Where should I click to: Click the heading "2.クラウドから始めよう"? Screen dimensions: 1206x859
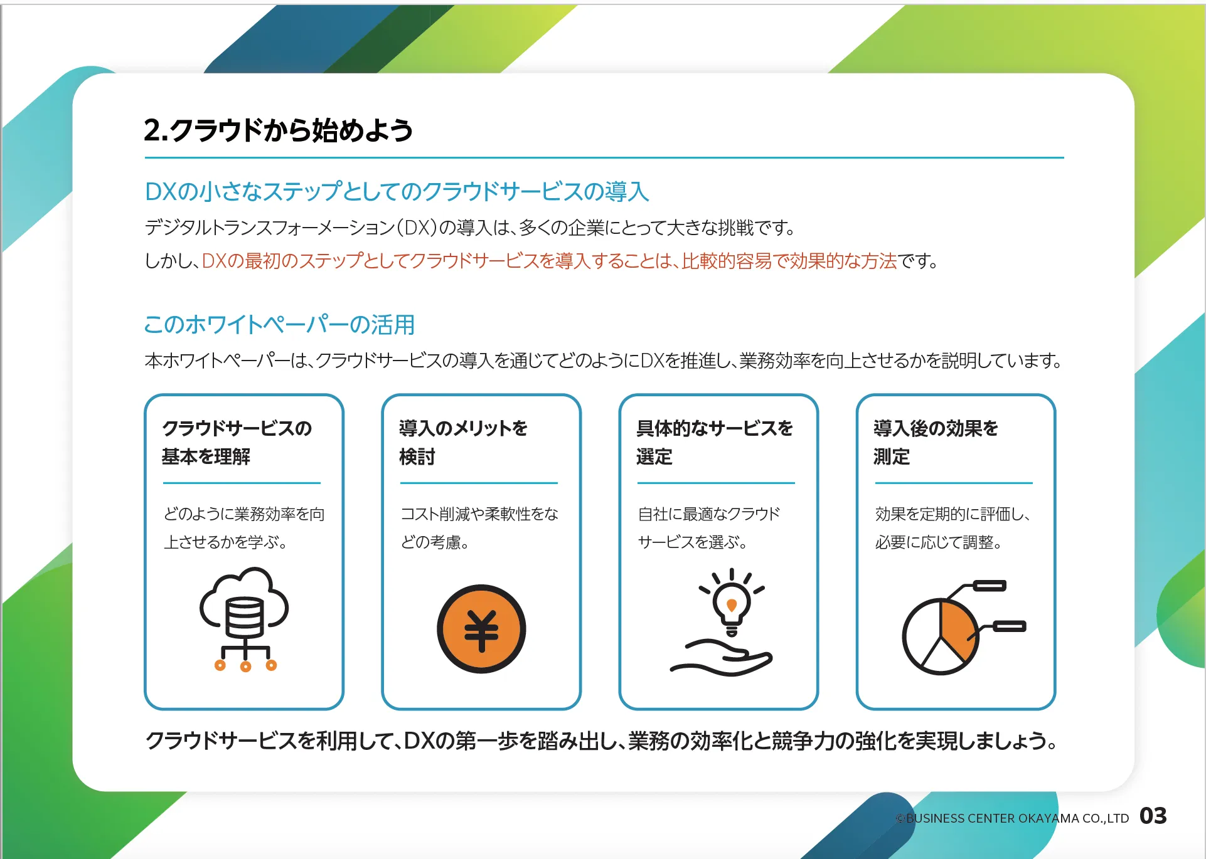pyautogui.click(x=278, y=130)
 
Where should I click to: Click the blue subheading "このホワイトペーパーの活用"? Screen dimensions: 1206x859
pyautogui.click(x=279, y=324)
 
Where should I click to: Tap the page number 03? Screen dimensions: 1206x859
pyautogui.click(x=1153, y=816)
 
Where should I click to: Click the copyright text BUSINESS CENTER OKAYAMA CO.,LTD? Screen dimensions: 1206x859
pyautogui.click(x=1012, y=818)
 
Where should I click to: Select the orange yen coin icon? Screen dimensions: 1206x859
pyautogui.click(x=481, y=629)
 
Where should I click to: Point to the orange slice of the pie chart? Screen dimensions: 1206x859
pyautogui.click(x=958, y=630)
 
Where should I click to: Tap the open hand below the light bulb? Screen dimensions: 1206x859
pyautogui.click(x=722, y=658)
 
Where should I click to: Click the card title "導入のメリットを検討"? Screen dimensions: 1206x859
pyautogui.click(x=463, y=442)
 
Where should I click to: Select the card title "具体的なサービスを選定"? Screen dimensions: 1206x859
pyautogui.click(x=715, y=442)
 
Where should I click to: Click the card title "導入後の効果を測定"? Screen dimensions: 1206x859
pyautogui.click(x=936, y=442)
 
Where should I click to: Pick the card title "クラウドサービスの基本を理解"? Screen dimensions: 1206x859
pyautogui.click(x=237, y=442)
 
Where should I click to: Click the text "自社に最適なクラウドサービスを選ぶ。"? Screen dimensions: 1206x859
pyautogui.click(x=709, y=527)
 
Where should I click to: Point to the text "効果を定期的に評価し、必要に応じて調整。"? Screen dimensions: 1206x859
pyautogui.click(x=953, y=527)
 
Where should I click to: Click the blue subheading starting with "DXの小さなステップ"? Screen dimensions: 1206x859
pyautogui.click(x=397, y=191)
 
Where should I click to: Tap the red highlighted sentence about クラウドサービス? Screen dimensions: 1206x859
pyautogui.click(x=550, y=260)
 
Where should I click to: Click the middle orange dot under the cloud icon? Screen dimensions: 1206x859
pyautogui.click(x=245, y=667)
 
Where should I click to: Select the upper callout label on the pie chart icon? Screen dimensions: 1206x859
pyautogui.click(x=989, y=586)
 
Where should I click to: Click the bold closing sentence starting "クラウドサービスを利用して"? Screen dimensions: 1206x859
pyautogui.click(x=602, y=740)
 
